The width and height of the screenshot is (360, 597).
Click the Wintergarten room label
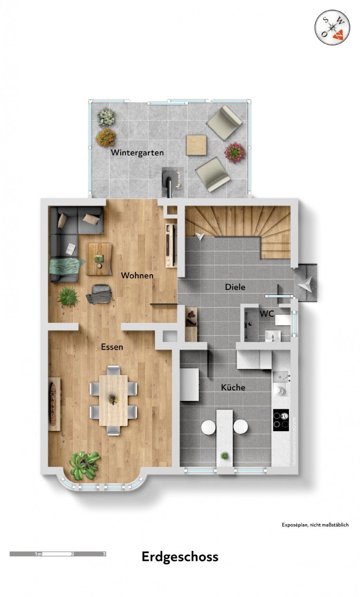(x=137, y=153)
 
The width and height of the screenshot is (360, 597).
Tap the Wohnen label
(x=137, y=275)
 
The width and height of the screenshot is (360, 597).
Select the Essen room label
(x=112, y=347)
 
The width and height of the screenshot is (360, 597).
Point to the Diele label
(x=235, y=287)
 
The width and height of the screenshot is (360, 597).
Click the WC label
(x=266, y=314)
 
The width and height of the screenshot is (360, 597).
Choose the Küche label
(x=233, y=387)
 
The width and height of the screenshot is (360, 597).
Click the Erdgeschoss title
(x=180, y=557)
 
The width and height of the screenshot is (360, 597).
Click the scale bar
(x=58, y=554)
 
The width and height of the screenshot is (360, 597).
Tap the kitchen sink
(x=281, y=378)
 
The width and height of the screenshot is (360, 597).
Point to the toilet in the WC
(x=283, y=320)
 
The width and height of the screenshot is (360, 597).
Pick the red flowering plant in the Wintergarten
(x=235, y=153)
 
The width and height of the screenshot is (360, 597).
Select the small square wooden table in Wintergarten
(x=196, y=145)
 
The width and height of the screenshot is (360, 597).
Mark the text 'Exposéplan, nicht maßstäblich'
(x=315, y=525)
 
